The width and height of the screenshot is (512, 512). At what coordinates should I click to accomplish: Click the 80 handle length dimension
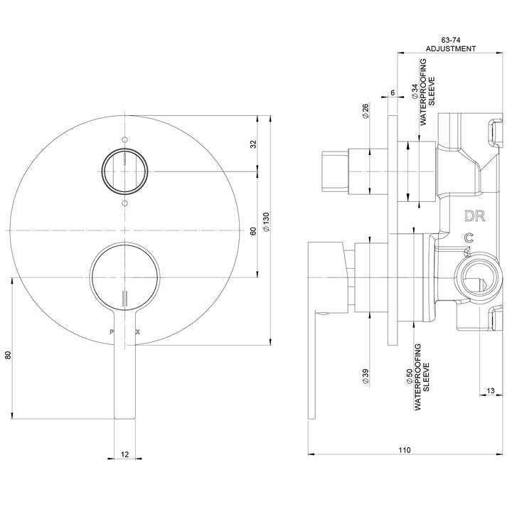(x=9, y=356)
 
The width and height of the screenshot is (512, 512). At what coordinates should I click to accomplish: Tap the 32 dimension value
(x=252, y=144)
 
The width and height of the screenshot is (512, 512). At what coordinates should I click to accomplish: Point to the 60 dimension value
(x=252, y=230)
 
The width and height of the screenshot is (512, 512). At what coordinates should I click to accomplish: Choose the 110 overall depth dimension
(x=404, y=450)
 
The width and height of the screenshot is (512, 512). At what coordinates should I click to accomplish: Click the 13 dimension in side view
(x=491, y=390)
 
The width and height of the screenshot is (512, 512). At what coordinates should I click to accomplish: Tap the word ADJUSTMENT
(x=450, y=49)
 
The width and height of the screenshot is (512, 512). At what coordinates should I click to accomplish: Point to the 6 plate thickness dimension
(x=392, y=93)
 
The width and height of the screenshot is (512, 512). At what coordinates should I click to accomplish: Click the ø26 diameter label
(x=365, y=113)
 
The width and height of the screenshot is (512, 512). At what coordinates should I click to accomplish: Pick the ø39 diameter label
(x=365, y=376)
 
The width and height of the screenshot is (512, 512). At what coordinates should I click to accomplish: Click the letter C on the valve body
(x=468, y=238)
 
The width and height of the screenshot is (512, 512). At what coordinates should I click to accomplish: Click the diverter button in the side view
(x=337, y=171)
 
